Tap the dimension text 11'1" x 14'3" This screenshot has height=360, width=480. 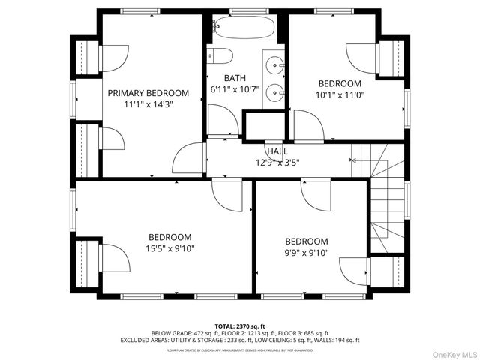click(148, 105)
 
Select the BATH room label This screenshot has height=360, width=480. click(235, 78)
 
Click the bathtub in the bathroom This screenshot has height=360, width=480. click(243, 28)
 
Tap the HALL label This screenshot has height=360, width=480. click(277, 151)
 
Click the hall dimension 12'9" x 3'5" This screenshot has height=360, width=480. click(277, 162)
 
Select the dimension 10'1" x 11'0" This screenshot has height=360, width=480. click(340, 95)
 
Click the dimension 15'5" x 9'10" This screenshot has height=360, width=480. click(169, 248)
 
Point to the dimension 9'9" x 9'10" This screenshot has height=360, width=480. click(306, 253)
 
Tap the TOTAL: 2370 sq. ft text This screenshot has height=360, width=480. click(240, 326)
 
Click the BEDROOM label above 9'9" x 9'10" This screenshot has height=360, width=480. click(306, 241)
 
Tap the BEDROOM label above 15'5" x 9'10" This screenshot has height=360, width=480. click(169, 236)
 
